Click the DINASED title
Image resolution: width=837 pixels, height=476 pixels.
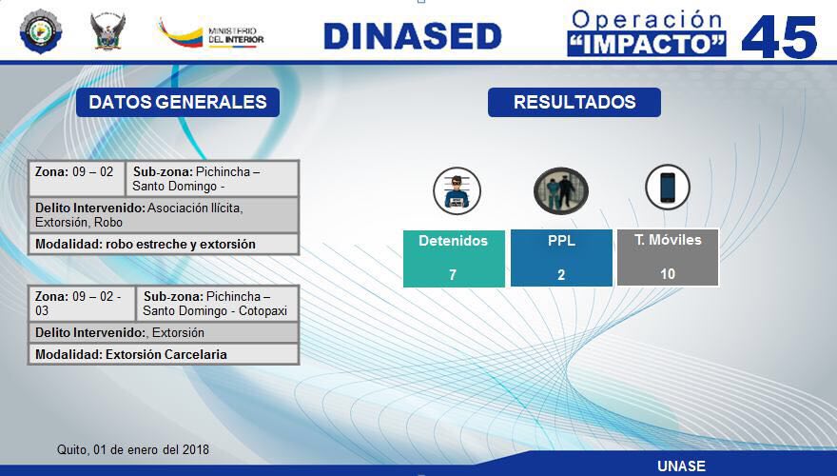pos(412,36)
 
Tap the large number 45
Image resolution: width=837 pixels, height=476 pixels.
pos(779,37)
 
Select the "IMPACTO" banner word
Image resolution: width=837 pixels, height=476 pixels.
pos(647,44)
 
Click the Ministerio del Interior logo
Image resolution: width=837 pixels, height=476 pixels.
pos(211,33)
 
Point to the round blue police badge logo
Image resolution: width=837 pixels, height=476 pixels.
pos(41,31)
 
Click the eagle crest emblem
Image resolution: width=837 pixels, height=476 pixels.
pos(107,31)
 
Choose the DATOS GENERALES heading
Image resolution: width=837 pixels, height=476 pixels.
pos(178,102)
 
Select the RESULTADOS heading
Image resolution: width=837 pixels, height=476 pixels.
pos(574,102)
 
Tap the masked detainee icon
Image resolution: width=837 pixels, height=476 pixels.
pos(457,190)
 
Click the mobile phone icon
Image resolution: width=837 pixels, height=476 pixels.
pos(668,187)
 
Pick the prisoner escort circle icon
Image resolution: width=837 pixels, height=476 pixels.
pos(561,190)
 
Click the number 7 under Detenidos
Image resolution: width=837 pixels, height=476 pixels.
pos(453,274)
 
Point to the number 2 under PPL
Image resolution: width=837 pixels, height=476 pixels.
pos(561,274)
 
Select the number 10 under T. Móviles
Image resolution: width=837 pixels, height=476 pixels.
pos(668,274)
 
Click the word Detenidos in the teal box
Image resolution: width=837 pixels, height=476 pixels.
pos(453,241)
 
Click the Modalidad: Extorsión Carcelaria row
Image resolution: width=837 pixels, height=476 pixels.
pos(164,354)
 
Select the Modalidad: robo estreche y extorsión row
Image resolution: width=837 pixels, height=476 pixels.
pos(164,244)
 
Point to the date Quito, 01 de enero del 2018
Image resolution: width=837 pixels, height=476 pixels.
pos(133,449)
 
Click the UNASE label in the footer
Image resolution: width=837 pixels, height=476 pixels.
pos(681,466)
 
